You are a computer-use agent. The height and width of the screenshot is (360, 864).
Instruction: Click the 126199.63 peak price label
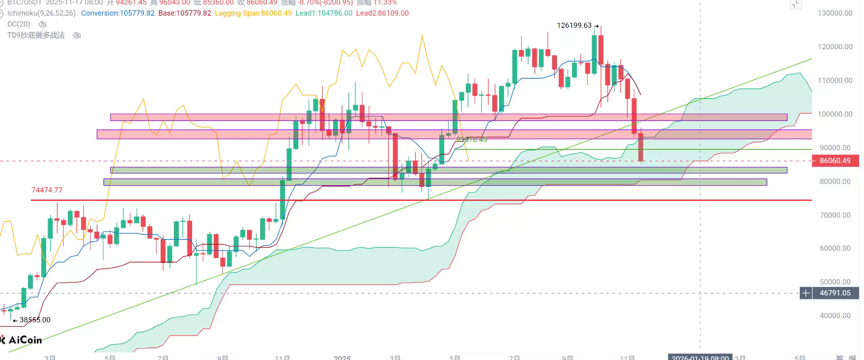[x=574, y=25]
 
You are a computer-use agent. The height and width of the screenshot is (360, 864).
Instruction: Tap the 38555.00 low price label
[x=35, y=320]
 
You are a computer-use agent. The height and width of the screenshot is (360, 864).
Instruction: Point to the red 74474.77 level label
[x=47, y=190]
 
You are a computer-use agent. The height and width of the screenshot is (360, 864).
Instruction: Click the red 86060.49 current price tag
[x=835, y=161]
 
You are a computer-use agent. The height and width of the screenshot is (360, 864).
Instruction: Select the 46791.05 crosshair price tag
[x=835, y=293]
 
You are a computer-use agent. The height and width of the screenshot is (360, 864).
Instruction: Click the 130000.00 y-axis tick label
[x=835, y=13]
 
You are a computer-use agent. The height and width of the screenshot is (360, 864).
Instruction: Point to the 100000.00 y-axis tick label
[x=835, y=114]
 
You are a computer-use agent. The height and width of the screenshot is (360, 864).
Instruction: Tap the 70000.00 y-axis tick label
[x=835, y=215]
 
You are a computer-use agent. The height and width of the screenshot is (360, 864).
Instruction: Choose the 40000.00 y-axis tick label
[x=835, y=315]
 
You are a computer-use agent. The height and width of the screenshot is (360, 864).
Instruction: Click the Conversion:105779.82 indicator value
[x=118, y=13]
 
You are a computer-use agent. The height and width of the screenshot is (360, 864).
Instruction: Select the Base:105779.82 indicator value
[x=185, y=13]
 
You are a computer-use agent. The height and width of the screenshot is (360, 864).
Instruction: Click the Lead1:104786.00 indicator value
[x=324, y=13]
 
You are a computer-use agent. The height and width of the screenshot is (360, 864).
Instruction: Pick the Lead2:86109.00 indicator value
[x=382, y=13]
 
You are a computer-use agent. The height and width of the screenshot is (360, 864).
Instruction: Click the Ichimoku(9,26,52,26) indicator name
[x=42, y=13]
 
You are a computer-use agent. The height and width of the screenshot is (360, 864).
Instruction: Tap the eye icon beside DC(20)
[x=43, y=24]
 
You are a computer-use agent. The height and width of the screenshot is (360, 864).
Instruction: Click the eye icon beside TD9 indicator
[x=77, y=35]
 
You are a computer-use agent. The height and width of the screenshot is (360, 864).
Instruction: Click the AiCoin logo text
[x=24, y=340]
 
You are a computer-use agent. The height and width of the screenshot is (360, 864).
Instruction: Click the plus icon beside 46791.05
[x=806, y=293]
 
